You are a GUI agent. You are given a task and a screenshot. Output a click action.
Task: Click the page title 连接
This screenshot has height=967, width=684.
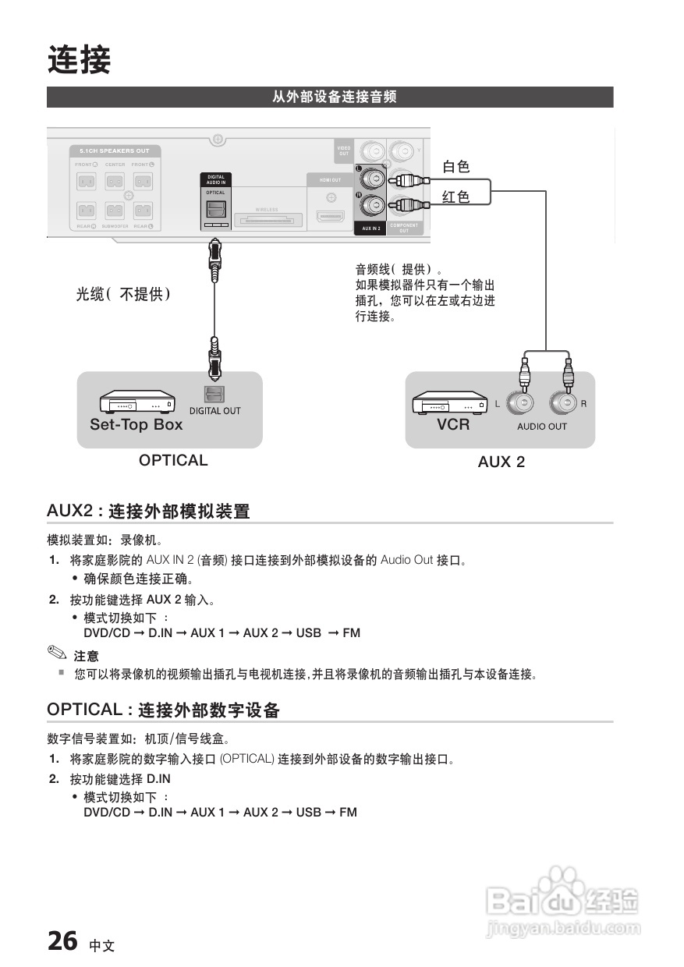(x=79, y=60)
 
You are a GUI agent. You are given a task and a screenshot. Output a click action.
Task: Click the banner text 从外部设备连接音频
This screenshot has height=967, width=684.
(x=334, y=97)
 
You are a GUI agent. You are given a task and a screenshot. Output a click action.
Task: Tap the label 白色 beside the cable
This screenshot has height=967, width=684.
(x=456, y=166)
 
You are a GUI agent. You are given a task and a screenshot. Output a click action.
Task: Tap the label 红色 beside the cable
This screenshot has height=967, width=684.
(x=456, y=197)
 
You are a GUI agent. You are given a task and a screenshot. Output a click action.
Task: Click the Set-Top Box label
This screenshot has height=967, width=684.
(x=136, y=425)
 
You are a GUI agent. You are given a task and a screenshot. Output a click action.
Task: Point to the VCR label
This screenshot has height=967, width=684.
(x=453, y=425)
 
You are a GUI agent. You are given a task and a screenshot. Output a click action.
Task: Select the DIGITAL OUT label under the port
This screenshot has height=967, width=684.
(x=215, y=411)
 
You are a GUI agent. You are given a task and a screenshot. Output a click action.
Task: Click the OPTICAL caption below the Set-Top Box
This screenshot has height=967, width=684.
(x=173, y=460)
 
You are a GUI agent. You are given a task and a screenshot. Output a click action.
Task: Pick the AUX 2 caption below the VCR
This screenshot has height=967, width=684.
(x=501, y=462)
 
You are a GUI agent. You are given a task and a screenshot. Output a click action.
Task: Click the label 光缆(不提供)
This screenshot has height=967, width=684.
(x=123, y=294)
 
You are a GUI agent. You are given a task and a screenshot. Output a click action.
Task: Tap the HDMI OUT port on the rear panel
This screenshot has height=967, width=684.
(x=331, y=216)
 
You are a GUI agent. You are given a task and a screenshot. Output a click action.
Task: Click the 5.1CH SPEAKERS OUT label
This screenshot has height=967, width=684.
(x=114, y=151)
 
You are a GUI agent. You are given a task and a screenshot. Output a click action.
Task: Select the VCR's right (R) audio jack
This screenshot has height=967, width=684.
(x=565, y=403)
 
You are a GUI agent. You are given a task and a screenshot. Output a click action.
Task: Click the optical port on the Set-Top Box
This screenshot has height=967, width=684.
(x=214, y=395)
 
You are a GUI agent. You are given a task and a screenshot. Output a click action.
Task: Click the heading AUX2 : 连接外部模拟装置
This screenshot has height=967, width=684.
(x=148, y=512)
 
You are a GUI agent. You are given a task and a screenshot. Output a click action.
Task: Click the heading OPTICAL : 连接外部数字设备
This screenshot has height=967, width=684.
(x=163, y=710)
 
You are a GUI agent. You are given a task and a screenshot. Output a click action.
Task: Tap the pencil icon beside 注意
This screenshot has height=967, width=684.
(x=57, y=653)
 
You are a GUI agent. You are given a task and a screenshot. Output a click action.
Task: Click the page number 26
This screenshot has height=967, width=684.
(x=62, y=940)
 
